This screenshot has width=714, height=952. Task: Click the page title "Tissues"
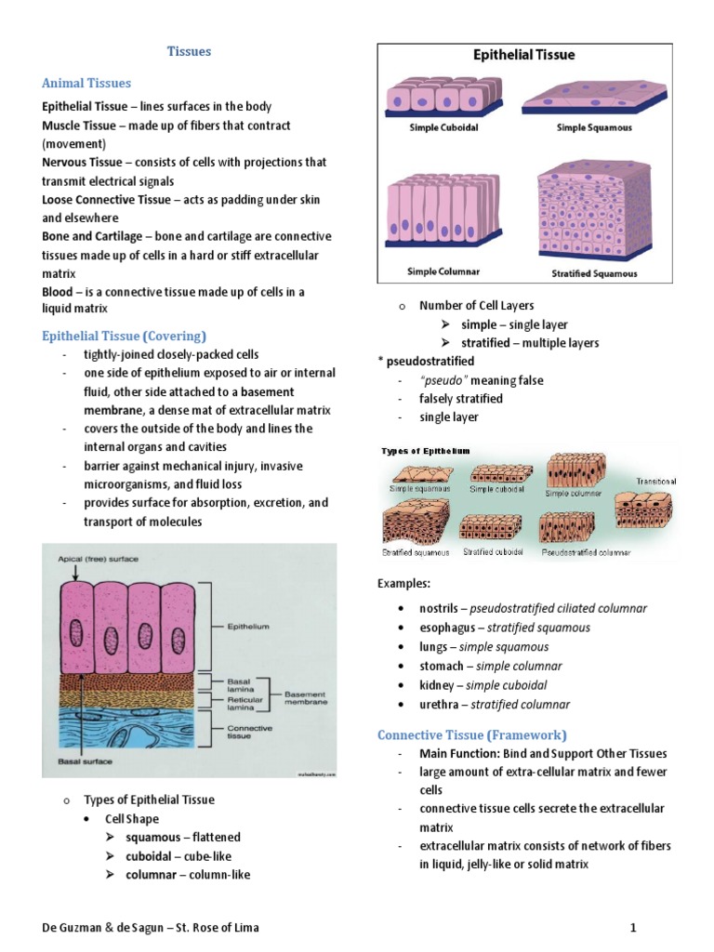point(189,51)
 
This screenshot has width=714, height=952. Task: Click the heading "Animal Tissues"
point(86,84)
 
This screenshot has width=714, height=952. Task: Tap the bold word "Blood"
point(59,292)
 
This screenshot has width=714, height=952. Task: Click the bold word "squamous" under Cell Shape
point(153,837)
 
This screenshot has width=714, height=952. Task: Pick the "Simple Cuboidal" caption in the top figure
point(443,127)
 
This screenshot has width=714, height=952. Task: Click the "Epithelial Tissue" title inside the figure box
point(523,55)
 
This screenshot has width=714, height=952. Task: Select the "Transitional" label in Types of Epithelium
point(656,482)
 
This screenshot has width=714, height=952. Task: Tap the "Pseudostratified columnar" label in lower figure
point(586,552)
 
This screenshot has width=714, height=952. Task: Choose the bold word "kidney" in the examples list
point(439,685)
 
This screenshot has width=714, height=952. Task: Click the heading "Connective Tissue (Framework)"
point(471,734)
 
